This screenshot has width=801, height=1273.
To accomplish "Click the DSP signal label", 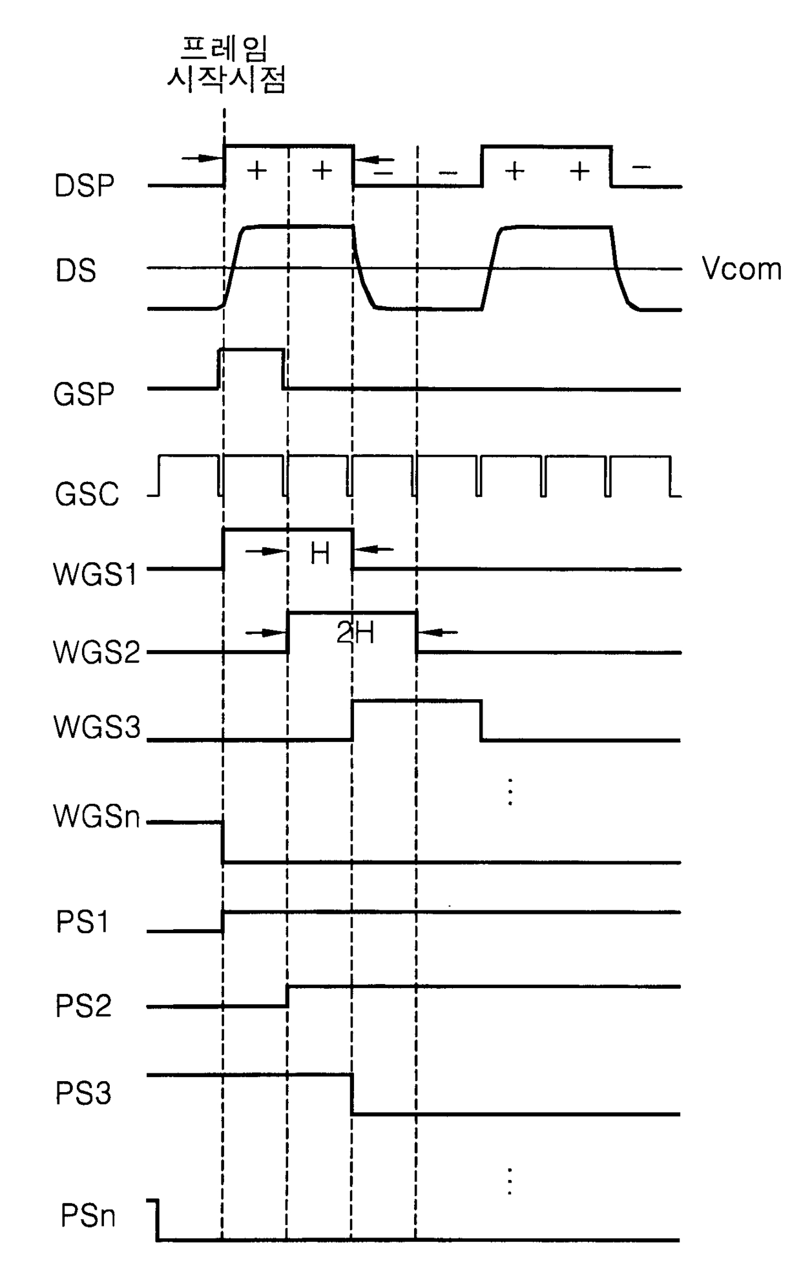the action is (x=84, y=186).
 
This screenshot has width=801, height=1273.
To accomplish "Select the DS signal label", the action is (x=76, y=270).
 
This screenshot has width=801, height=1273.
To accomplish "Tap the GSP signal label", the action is (x=84, y=394).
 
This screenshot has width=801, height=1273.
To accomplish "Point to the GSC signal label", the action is (x=87, y=494).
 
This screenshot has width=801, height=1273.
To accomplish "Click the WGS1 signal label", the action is (x=96, y=574).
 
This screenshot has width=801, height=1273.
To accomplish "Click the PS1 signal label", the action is (x=83, y=922).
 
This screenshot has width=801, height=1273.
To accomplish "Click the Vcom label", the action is (x=742, y=269).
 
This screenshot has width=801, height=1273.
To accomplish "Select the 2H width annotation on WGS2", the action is (x=355, y=633).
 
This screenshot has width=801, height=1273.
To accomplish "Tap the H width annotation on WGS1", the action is (x=320, y=553).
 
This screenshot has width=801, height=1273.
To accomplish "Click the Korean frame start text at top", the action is (x=225, y=65).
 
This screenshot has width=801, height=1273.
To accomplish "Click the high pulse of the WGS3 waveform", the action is (x=417, y=700).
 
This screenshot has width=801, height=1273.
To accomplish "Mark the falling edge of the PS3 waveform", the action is (x=352, y=1094).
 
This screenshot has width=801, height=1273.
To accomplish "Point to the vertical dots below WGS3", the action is (x=510, y=792).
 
